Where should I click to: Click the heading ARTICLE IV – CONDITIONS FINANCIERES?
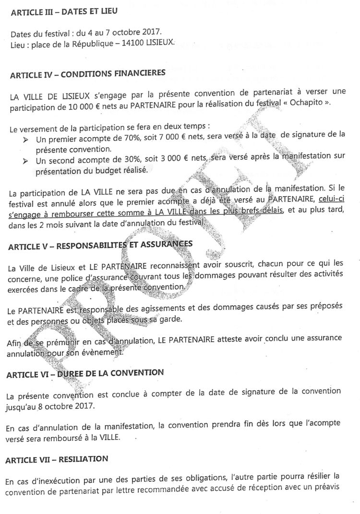click(x=88, y=74)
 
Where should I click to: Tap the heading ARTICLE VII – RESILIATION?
click(x=57, y=459)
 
